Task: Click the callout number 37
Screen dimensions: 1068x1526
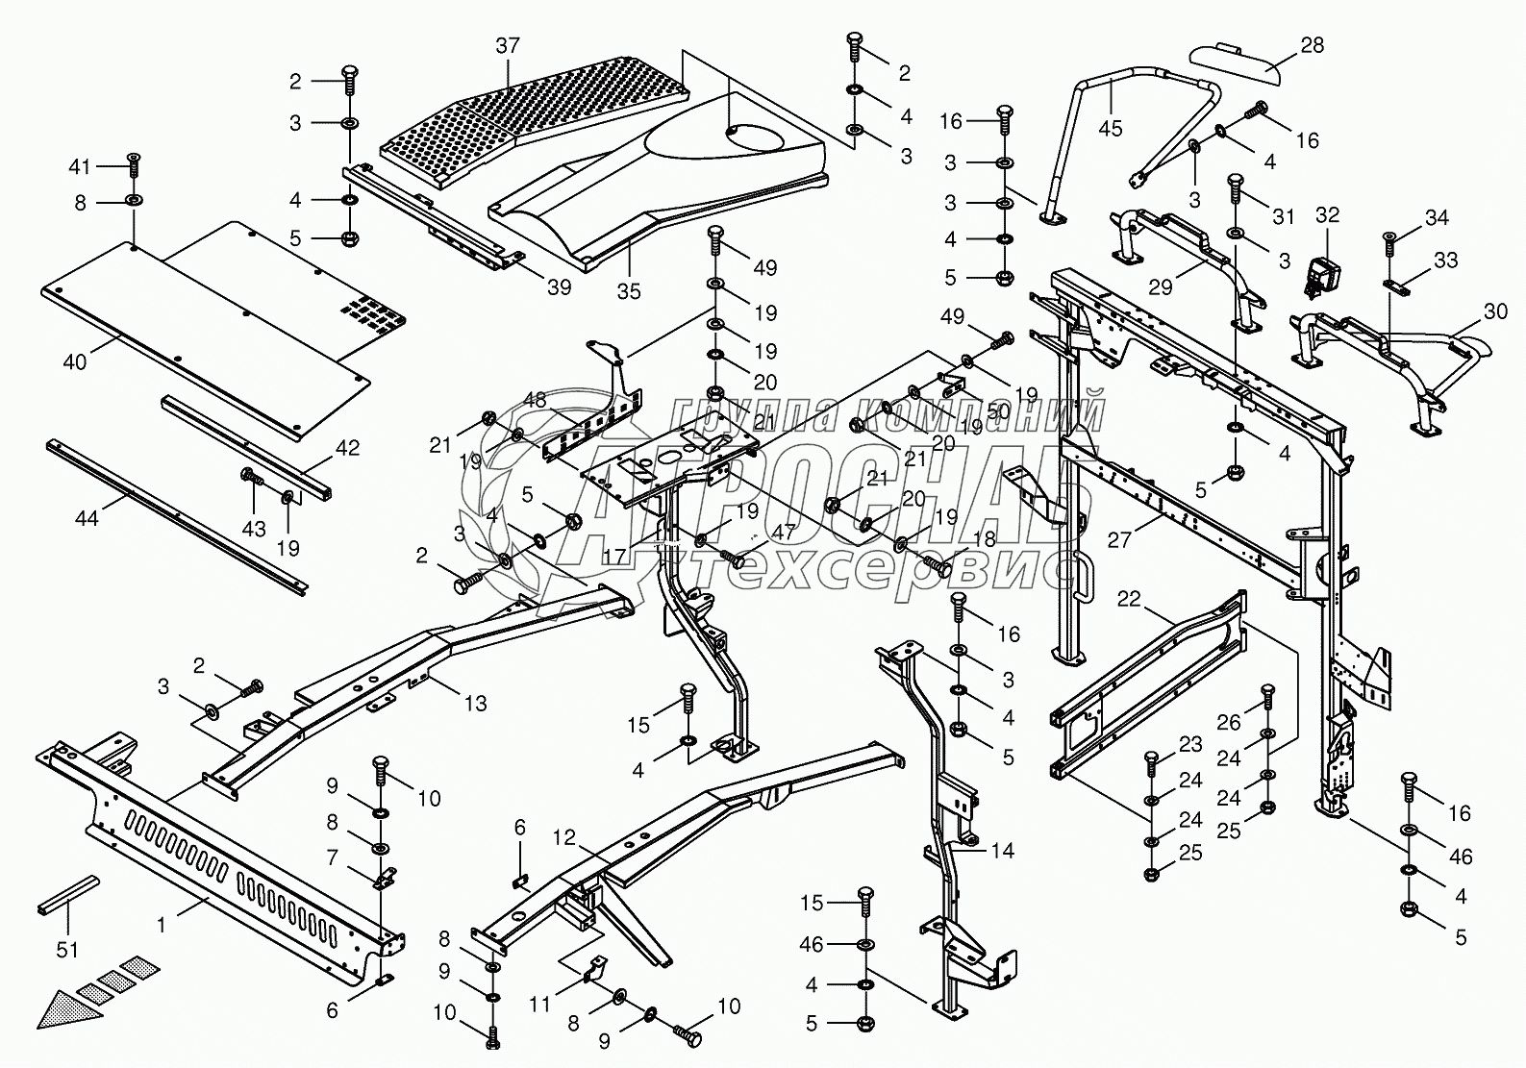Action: coord(508,45)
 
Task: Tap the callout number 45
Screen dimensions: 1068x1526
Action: coord(1111,128)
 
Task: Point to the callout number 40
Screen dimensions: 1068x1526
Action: coord(74,362)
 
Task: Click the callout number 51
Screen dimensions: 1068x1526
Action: coord(66,949)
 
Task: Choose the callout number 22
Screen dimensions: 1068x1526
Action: coord(1129,599)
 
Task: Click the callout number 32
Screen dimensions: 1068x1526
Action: coord(1327,214)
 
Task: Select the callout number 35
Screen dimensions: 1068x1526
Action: coord(629,289)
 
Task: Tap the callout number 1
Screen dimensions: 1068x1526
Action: coord(162,924)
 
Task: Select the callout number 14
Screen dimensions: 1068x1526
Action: coord(1002,851)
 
